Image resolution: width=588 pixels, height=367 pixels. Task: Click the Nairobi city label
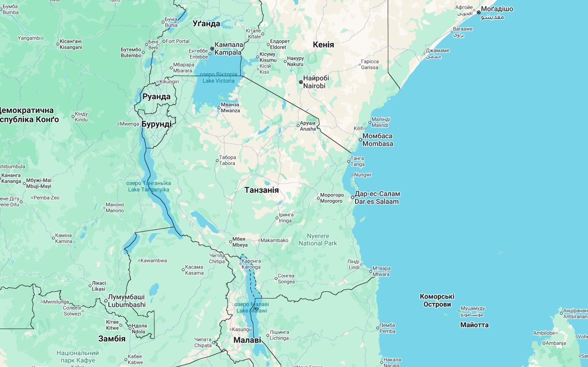click(314, 82)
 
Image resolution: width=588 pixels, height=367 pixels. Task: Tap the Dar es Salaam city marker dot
click(353, 198)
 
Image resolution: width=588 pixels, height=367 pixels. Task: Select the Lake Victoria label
click(219, 78)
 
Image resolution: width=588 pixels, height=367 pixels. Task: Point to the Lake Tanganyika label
click(148, 186)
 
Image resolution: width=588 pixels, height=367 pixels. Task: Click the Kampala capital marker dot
click(212, 49)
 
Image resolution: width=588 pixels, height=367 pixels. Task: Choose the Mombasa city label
click(378, 140)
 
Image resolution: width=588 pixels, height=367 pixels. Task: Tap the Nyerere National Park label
click(318, 239)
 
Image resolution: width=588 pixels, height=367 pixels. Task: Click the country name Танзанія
click(261, 190)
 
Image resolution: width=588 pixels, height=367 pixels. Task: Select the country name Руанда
click(156, 97)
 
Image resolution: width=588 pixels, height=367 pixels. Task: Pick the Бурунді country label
click(156, 124)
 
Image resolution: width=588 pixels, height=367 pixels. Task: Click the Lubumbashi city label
click(126, 301)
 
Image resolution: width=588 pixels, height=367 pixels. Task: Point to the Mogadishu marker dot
click(479, 12)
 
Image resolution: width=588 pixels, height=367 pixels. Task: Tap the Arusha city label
click(308, 126)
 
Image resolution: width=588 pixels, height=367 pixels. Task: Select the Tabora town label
click(227, 161)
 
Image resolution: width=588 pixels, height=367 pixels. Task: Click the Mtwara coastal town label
click(381, 271)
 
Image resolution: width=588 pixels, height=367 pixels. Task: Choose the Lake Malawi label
click(252, 307)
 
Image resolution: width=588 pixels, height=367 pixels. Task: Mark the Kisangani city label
click(70, 44)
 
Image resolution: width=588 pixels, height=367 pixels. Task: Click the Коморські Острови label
click(437, 300)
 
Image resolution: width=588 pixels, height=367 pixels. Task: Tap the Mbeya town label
click(240, 242)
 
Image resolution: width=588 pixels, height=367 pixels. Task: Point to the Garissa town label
click(370, 64)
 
